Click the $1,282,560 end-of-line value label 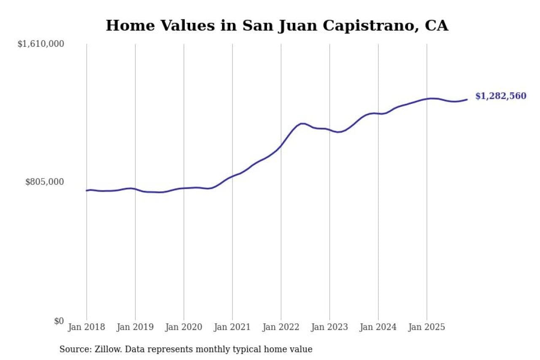pos(501,96)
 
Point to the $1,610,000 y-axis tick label pos(40,44)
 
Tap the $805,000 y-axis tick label pos(45,182)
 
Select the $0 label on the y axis pos(59,321)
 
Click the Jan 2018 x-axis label pos(86,327)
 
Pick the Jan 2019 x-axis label pos(135,327)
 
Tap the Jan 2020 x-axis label pos(184,327)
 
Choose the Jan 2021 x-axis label pos(232,327)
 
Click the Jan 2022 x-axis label pos(281,327)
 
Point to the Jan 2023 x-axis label pos(329,327)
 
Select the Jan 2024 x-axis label pos(378,327)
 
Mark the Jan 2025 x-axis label pos(427,327)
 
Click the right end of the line pos(467,100)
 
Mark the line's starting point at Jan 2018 pos(86,190)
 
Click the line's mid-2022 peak pos(302,124)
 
